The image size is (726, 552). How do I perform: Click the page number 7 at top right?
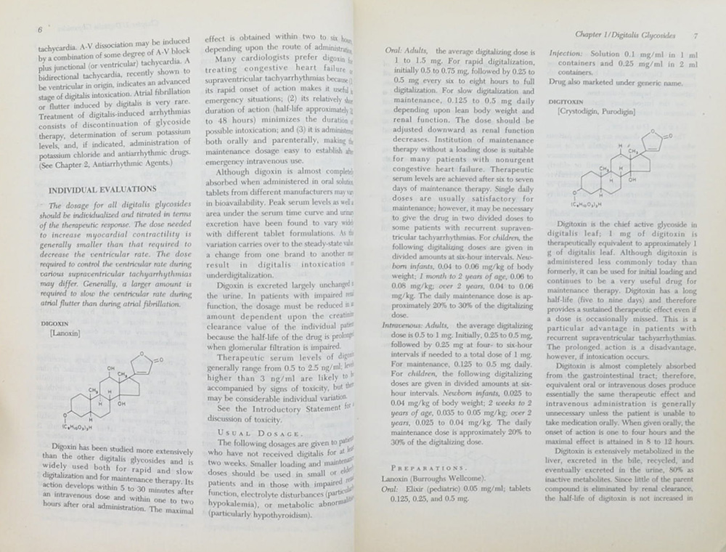click(x=696, y=35)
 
